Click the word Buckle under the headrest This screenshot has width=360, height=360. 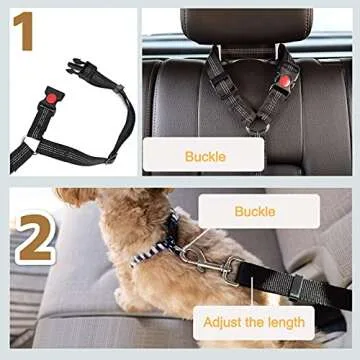tap(206, 157)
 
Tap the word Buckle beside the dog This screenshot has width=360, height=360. tap(254, 211)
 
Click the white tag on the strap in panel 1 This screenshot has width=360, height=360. tap(32, 145)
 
